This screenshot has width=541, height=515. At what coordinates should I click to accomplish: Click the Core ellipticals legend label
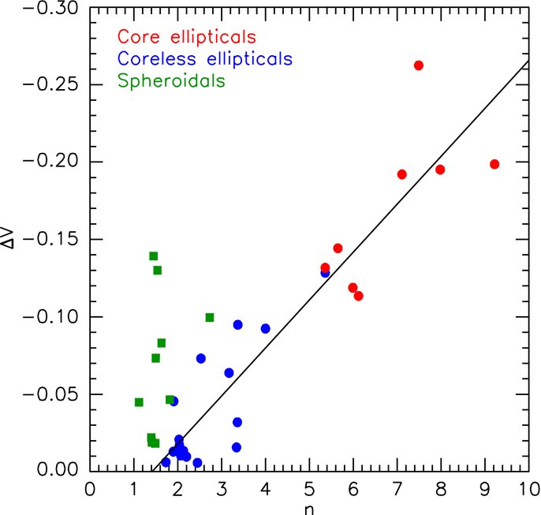tap(187, 36)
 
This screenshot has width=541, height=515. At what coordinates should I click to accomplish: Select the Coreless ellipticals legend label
tap(205, 58)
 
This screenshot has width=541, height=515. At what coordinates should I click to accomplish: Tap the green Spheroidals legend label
tap(171, 81)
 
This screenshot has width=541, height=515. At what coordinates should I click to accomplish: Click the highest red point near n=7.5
tap(419, 65)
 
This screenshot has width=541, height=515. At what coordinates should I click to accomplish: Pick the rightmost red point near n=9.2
tap(494, 164)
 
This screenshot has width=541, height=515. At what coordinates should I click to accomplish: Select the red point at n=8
tap(440, 170)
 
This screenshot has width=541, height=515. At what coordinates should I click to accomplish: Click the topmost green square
tap(154, 256)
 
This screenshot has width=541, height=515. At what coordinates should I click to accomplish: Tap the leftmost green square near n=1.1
tap(139, 402)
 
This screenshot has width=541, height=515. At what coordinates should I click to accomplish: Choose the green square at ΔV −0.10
tap(210, 317)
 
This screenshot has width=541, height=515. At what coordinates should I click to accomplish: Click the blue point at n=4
tap(265, 329)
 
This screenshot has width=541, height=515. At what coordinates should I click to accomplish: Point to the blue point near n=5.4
tap(325, 274)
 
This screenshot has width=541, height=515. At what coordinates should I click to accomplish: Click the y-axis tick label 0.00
tap(58, 469)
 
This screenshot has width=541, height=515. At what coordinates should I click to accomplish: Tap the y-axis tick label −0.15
tap(50, 239)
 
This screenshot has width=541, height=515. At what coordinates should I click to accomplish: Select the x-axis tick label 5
tap(309, 489)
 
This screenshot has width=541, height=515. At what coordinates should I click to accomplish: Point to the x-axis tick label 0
tap(90, 489)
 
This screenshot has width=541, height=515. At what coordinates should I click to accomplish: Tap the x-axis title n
tap(309, 509)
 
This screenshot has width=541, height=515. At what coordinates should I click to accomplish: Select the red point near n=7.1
tap(402, 174)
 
